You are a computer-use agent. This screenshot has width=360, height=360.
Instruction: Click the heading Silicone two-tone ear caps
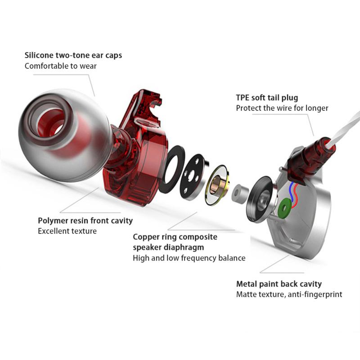[73, 56]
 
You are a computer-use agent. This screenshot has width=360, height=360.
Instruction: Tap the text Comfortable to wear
[60, 66]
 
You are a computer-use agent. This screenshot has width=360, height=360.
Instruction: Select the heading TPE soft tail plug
[267, 98]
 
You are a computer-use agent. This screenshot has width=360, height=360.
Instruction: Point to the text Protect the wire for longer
[282, 108]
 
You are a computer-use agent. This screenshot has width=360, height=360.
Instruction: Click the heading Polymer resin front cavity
[85, 221]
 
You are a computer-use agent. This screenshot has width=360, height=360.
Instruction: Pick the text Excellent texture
[67, 231]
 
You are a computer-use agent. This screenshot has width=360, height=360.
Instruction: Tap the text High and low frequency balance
[189, 258]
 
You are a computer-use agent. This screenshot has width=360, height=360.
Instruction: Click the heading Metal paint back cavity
[279, 284]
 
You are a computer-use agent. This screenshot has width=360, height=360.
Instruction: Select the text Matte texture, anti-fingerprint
[289, 294]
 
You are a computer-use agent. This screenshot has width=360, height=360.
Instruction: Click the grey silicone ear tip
[58, 135]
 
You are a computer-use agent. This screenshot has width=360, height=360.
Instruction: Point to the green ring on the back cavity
[284, 208]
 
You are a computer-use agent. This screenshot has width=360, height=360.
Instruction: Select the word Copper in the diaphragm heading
[146, 237]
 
